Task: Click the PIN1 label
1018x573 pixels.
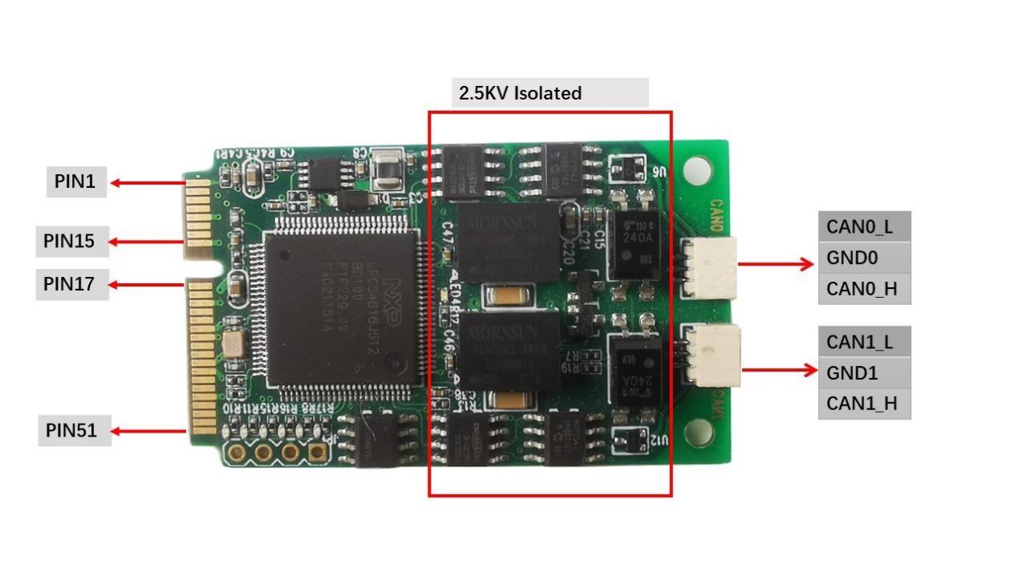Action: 75,182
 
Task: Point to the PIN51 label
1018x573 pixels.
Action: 71,431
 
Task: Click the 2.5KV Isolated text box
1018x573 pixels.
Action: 550,93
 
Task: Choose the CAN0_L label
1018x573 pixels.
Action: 863,226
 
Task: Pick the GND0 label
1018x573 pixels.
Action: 863,258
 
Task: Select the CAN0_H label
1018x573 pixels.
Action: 863,289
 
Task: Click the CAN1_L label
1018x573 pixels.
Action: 863,342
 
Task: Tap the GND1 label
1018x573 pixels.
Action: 863,373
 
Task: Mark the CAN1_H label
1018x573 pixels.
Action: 863,404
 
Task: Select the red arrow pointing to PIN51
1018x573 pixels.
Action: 148,431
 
